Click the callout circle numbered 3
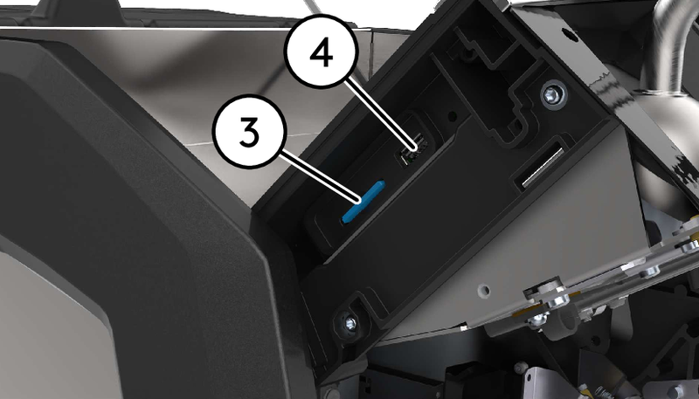point(249,130)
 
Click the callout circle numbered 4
point(321,51)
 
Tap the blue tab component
point(363,202)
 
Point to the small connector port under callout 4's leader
point(412,150)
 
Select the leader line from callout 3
point(320,176)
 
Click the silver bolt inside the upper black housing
point(552,95)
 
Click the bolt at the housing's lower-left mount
point(349,323)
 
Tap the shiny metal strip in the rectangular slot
point(543,167)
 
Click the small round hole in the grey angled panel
point(483,292)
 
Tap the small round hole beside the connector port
point(452,117)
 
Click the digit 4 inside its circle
point(321,52)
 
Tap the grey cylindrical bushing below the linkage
point(563,329)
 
